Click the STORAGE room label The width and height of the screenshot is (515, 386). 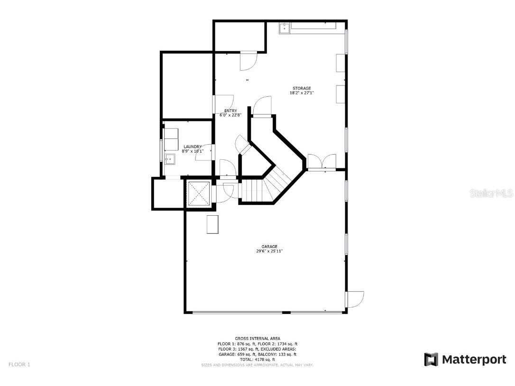pos(302,88)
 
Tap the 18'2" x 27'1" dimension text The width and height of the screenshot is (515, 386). pos(302,93)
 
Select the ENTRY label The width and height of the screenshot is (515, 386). pos(231,111)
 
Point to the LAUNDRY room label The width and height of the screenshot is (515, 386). pos(193,147)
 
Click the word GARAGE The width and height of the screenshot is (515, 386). pos(269,247)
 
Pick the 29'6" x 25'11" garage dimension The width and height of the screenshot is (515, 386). pos(269,251)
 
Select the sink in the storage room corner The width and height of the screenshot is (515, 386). pos(284,28)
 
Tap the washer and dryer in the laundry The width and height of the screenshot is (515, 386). pos(171,134)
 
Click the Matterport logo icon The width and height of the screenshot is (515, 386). pos(431,359)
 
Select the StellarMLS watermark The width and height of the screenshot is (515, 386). pos(491,193)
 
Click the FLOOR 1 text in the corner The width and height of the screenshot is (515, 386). pos(19,364)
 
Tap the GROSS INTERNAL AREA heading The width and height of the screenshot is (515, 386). pos(257,339)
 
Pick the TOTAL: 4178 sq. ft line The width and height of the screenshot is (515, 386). pos(257,359)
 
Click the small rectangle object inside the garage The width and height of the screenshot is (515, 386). pos(212,224)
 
